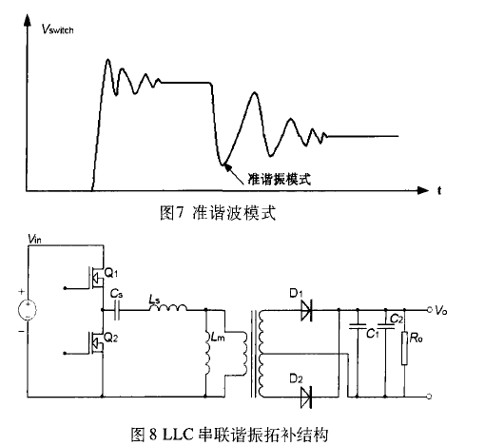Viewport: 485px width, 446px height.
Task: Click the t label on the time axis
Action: (x=440, y=191)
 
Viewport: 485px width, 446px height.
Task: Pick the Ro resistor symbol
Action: (x=407, y=348)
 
